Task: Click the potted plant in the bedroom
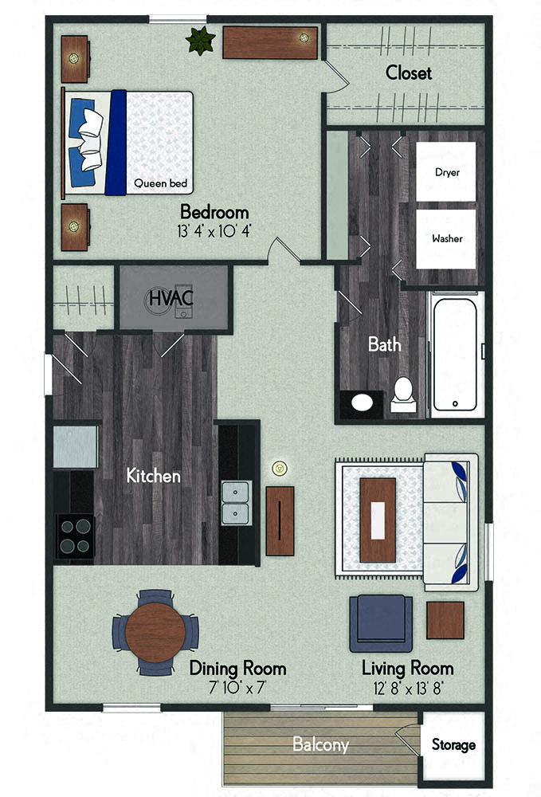pos(201,40)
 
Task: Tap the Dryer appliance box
pos(446,172)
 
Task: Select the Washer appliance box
pos(446,239)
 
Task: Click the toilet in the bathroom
pos(403,395)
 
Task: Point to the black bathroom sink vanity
pos(362,404)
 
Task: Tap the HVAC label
pos(171,298)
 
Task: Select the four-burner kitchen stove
pos(75,536)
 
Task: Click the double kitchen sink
pos(236,503)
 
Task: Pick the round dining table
pos(155,632)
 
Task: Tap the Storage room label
pos(453,744)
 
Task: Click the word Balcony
pos(320,744)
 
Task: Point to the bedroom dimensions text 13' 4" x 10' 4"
pos(214,231)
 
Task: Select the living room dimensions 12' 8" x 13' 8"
pos(408,689)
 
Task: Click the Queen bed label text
pos(160,183)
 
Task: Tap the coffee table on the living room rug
pos(378,520)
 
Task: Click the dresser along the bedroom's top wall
pos(270,43)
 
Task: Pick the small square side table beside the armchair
pos(445,620)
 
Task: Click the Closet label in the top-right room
pos(409,73)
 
